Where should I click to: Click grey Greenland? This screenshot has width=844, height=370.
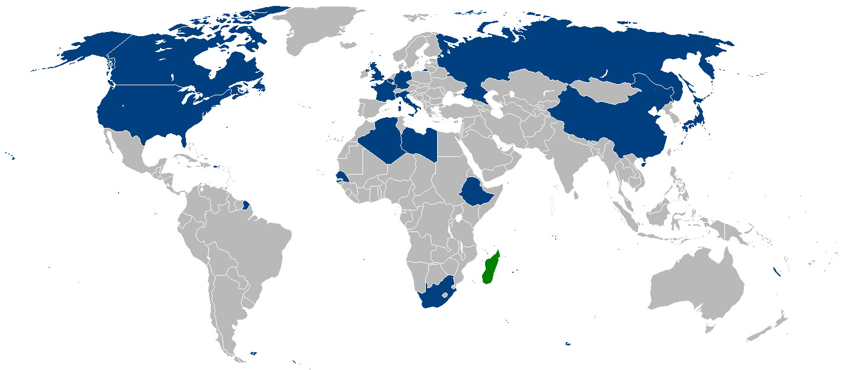tap(314, 30)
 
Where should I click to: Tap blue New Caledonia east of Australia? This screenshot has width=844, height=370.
tap(776, 273)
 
